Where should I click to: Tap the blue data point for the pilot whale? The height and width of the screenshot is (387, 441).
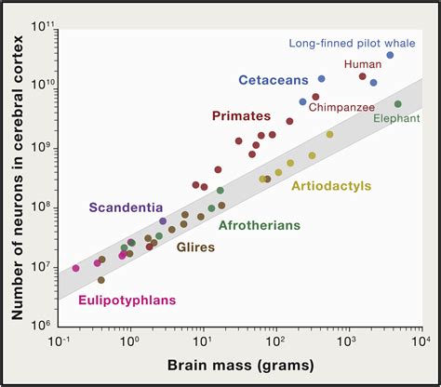(390, 55)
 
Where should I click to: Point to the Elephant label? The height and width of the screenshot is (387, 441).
(397, 118)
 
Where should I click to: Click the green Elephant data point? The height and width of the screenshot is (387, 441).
(398, 104)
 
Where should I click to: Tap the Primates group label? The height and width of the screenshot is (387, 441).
(241, 116)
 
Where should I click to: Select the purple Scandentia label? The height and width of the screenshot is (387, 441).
(126, 207)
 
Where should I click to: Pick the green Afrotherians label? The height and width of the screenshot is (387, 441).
(260, 224)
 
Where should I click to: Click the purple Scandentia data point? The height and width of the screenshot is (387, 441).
(163, 221)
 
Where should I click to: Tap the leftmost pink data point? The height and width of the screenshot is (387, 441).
(75, 268)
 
